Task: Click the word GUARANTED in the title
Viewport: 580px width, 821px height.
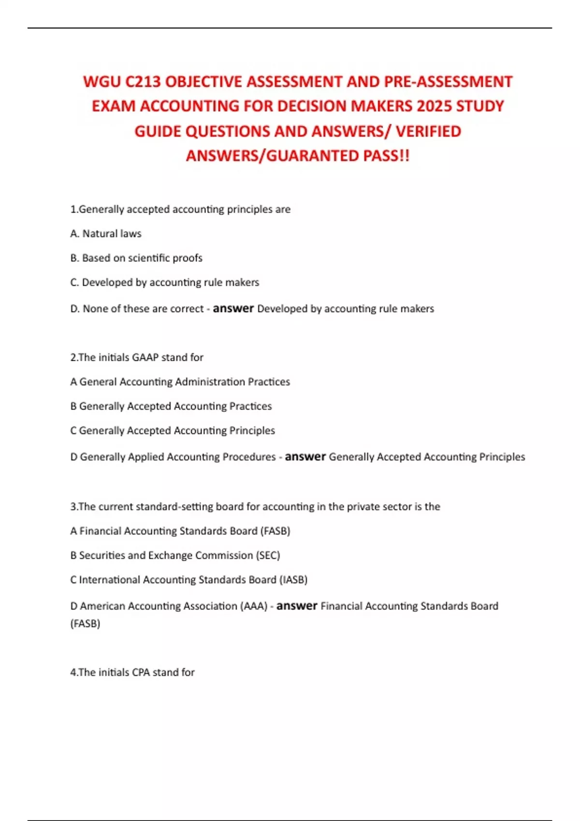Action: point(323,156)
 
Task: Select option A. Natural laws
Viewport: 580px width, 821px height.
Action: point(106,234)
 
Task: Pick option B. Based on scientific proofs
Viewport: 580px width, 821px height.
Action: point(136,258)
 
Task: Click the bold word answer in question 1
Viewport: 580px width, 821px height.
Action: point(233,308)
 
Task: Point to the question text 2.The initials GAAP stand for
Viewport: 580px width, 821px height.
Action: point(137,357)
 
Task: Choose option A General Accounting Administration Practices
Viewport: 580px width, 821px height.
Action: point(180,382)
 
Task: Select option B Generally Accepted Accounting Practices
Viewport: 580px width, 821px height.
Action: point(171,406)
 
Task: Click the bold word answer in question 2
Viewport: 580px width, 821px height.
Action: point(305,456)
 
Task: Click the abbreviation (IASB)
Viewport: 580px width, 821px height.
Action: point(293,580)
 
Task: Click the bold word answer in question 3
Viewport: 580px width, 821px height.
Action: point(296,606)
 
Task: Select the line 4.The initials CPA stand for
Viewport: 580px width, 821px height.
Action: point(132,672)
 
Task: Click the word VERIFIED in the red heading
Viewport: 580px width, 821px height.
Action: point(428,131)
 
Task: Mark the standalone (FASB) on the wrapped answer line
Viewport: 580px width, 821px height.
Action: point(85,623)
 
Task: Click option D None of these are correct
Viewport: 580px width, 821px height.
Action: point(137,309)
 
